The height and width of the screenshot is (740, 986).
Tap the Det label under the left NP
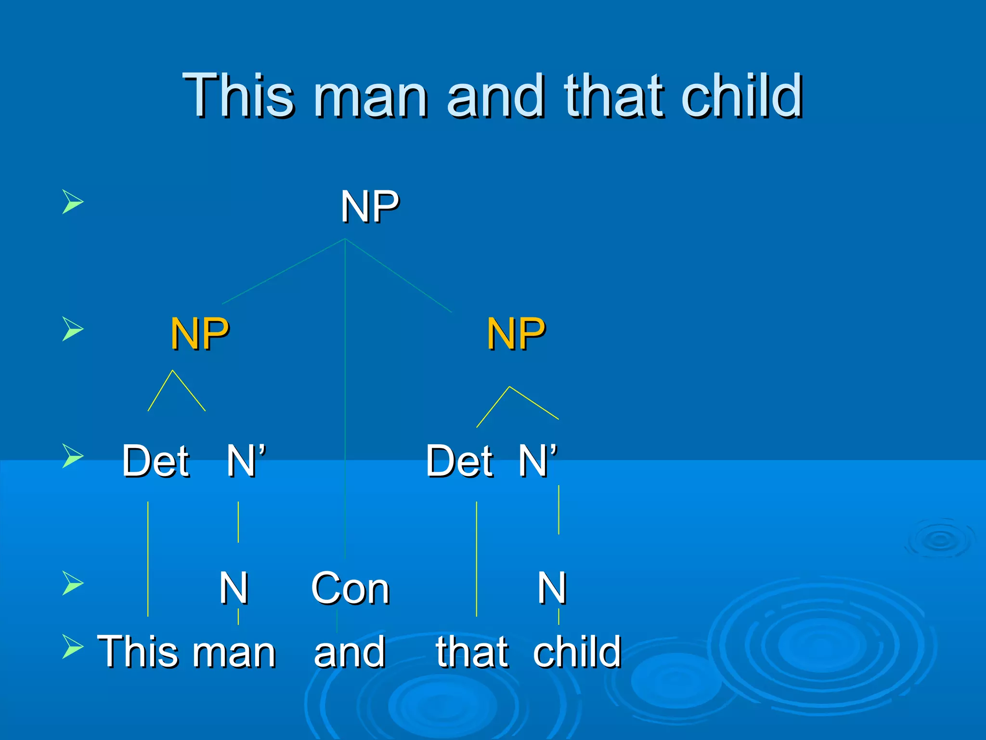click(x=156, y=461)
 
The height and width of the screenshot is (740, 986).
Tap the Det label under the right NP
click(x=459, y=461)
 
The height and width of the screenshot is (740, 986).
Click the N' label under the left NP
click(x=246, y=461)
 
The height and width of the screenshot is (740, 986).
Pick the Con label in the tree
click(x=350, y=588)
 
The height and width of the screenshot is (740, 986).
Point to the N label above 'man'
click(x=234, y=588)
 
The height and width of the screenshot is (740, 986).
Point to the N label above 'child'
click(x=552, y=588)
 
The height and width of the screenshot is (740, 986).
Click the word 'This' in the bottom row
click(x=133, y=651)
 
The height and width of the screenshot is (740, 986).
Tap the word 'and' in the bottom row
click(x=350, y=651)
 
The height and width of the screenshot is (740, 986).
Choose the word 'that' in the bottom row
click(x=472, y=651)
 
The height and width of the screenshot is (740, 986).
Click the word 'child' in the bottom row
click(x=577, y=651)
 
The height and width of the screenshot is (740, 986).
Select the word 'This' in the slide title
click(x=238, y=95)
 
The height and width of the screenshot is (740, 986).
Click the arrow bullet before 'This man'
click(x=73, y=647)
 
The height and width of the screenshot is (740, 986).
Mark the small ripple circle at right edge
click(x=940, y=539)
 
